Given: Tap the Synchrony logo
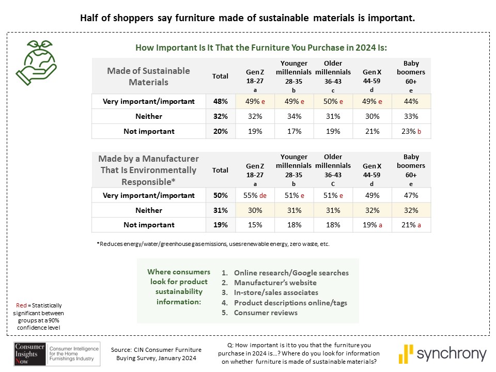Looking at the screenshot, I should pos(443,354).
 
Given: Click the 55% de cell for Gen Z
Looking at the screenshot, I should pos(256,195).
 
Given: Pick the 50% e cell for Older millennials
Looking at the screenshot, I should pos(333,102).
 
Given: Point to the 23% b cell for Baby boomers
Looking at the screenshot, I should pos(411,131).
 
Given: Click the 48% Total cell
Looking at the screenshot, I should pos(220,102).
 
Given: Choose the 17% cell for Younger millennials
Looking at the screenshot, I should pos(294,131).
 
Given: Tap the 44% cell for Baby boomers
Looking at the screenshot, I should pos(411,102).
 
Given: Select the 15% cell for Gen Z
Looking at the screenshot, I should pos(255,225).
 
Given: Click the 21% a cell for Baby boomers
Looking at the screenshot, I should pos(411,225).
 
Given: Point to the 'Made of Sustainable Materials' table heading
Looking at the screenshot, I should pos(148,76).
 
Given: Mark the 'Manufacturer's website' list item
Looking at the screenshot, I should pos(275,283).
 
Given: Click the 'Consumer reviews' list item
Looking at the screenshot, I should pos(266,313).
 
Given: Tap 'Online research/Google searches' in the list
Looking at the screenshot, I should pos(291,273).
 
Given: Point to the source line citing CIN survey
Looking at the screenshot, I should pos(156,354).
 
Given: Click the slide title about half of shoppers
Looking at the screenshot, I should pos(248,18).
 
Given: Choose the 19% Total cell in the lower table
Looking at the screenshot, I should pos(220,225).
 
